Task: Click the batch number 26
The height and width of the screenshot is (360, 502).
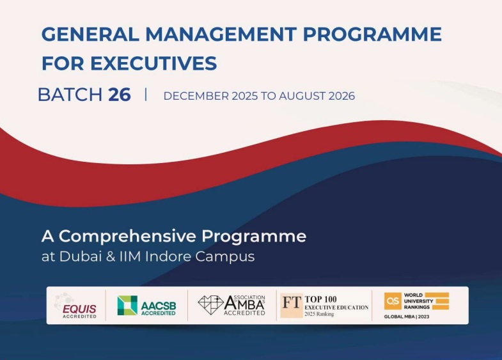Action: tap(120, 95)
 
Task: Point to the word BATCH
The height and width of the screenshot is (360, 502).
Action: tap(70, 95)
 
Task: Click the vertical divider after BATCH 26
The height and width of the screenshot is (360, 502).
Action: tap(146, 95)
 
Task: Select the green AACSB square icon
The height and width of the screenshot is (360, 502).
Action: tap(127, 305)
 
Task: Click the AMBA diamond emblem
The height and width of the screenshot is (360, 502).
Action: tap(210, 304)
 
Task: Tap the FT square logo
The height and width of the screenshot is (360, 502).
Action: tap(291, 305)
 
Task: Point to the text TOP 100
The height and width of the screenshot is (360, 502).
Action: tap(321, 299)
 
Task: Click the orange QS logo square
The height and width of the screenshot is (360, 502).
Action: tap(392, 301)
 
